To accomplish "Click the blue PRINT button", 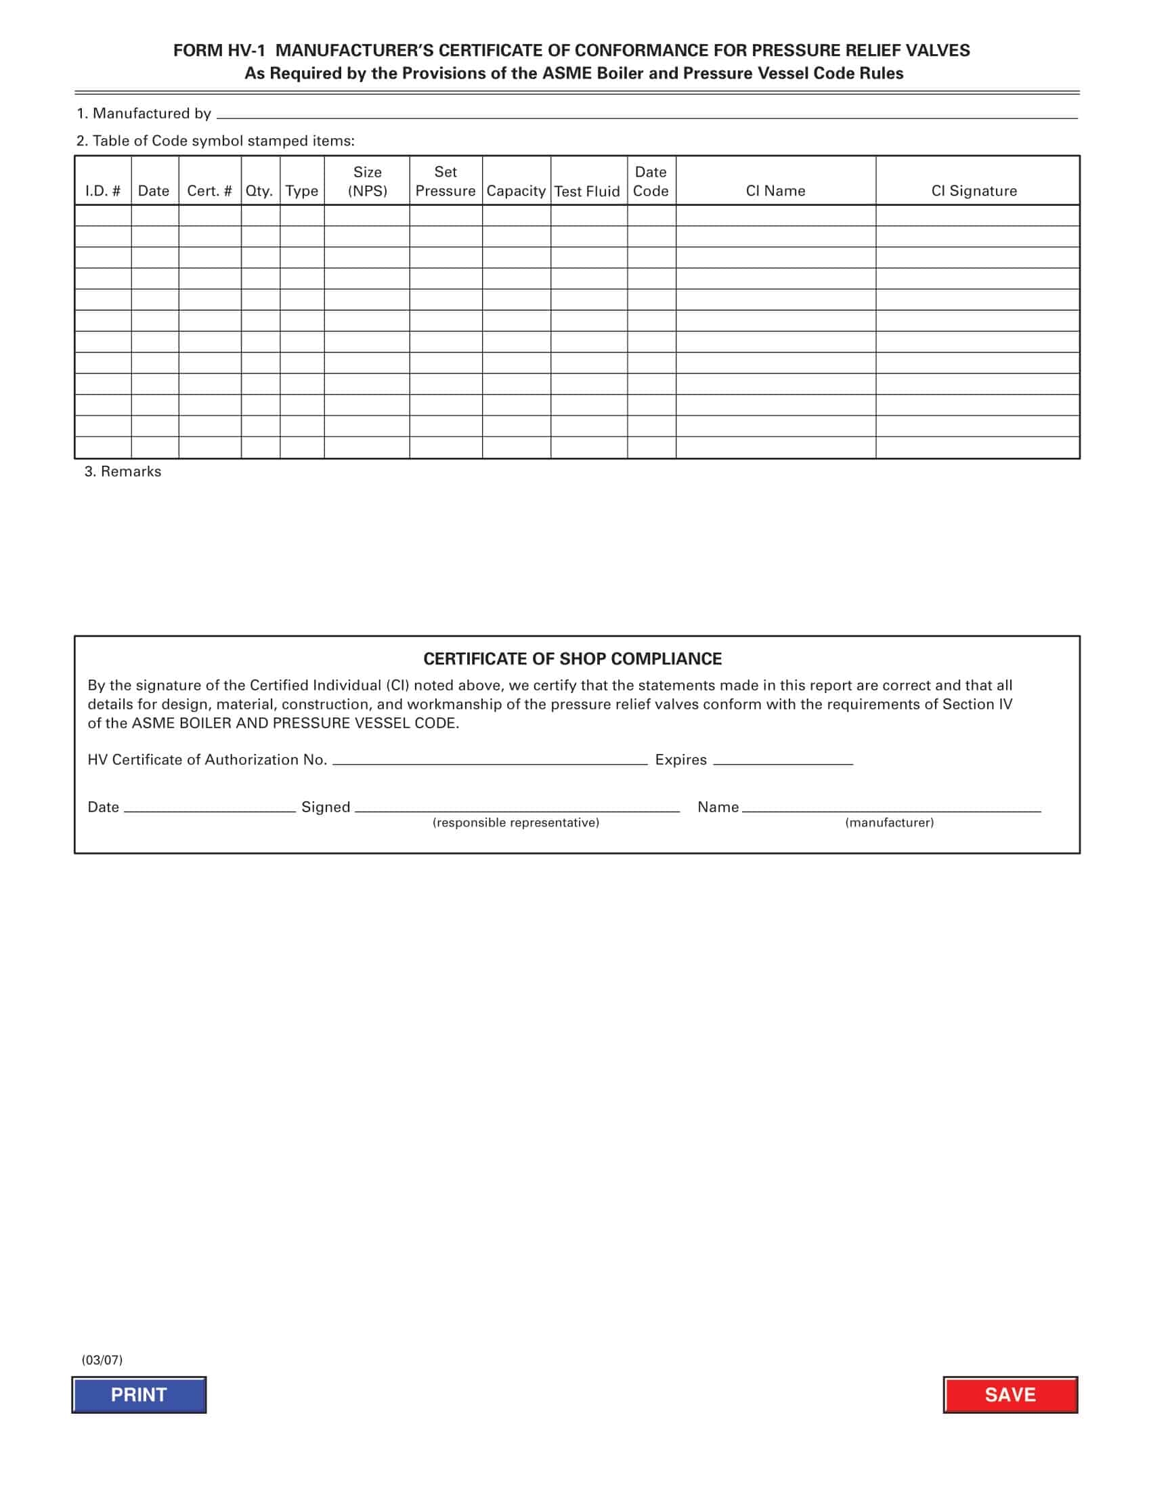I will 139,1395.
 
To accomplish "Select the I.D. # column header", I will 103,191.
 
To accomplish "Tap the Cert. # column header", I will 209,191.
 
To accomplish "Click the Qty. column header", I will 259,191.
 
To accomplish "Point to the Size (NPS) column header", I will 367,181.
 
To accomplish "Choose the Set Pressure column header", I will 446,181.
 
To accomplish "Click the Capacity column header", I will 515,191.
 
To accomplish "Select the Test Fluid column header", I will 587,192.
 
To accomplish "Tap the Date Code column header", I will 651,181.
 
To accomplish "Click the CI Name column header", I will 775,191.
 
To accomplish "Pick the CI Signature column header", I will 974,191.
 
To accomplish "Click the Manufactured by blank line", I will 647,114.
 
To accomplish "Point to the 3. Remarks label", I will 123,472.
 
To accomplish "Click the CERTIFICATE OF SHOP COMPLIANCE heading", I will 572,659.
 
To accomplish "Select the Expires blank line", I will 783,760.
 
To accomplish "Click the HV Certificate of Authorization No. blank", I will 490,760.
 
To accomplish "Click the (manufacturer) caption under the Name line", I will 889,823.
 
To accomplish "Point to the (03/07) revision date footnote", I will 102,1360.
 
